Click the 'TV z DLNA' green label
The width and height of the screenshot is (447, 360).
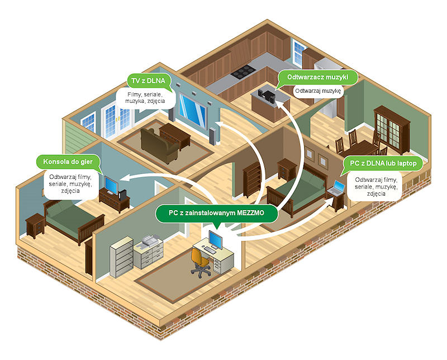tap(148, 80)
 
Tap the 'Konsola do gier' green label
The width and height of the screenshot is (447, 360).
tap(68, 162)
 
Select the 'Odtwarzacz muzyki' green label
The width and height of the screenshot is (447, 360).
tap(317, 77)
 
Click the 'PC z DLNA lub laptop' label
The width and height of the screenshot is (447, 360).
tap(383, 163)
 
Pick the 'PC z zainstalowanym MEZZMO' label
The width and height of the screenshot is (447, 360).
tap(216, 213)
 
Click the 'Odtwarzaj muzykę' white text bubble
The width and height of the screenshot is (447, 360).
tap(318, 91)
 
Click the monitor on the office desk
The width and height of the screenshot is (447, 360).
tap(215, 240)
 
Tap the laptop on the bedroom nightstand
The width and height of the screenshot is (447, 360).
tap(337, 187)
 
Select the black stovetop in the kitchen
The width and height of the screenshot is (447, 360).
tap(243, 72)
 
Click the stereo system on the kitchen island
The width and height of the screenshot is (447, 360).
tap(267, 96)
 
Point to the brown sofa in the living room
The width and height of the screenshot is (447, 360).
tap(159, 145)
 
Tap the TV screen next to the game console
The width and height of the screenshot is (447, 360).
tap(111, 185)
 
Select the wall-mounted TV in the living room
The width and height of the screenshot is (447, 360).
tap(192, 110)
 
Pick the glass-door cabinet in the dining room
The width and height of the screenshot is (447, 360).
tap(392, 129)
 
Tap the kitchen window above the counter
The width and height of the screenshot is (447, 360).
tap(299, 53)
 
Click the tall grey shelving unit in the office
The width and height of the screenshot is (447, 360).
tap(122, 257)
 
